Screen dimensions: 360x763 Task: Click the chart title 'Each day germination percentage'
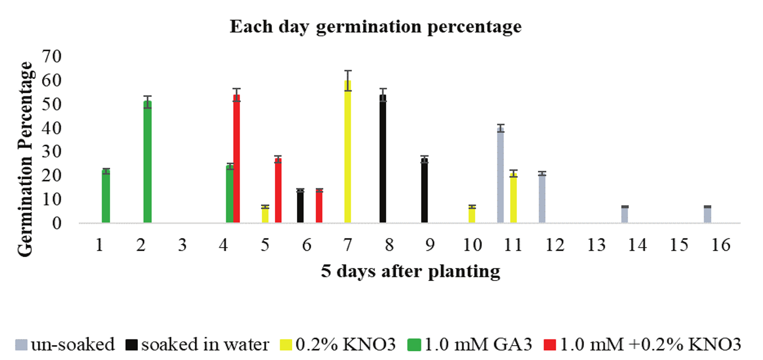click(375, 27)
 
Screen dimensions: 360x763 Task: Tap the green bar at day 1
click(106, 197)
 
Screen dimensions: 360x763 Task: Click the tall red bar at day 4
click(236, 159)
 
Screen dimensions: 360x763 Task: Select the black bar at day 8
click(383, 159)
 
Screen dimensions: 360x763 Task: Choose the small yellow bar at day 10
click(472, 215)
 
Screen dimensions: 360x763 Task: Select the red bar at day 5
click(278, 191)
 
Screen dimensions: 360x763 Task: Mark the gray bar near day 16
click(707, 215)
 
